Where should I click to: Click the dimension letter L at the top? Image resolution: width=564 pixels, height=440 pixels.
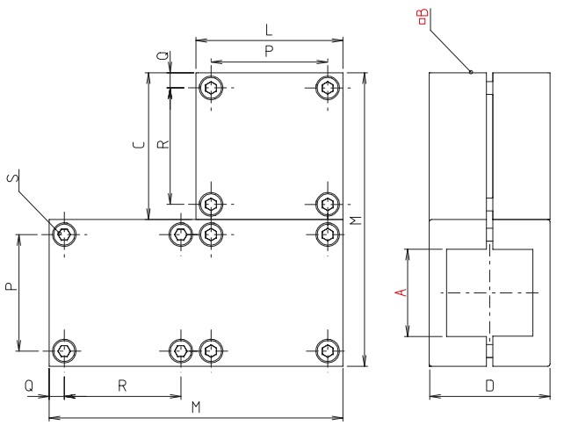268,30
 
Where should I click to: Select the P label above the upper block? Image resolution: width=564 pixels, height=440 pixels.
269,52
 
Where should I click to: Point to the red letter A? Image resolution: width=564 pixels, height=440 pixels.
401,292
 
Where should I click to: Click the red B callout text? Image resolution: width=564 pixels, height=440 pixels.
423,15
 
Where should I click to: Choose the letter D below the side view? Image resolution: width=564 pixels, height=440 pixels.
489,386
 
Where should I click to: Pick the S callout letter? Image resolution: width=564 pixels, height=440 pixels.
11,178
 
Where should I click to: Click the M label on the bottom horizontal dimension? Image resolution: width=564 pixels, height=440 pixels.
196,407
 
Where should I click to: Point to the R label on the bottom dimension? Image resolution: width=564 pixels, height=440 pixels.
122,386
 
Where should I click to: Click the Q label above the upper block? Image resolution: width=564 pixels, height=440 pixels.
160,55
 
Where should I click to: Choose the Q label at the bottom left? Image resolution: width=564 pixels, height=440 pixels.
29,386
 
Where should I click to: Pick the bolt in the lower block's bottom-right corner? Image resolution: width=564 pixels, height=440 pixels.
328,351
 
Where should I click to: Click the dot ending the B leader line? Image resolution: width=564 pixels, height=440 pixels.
472,72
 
